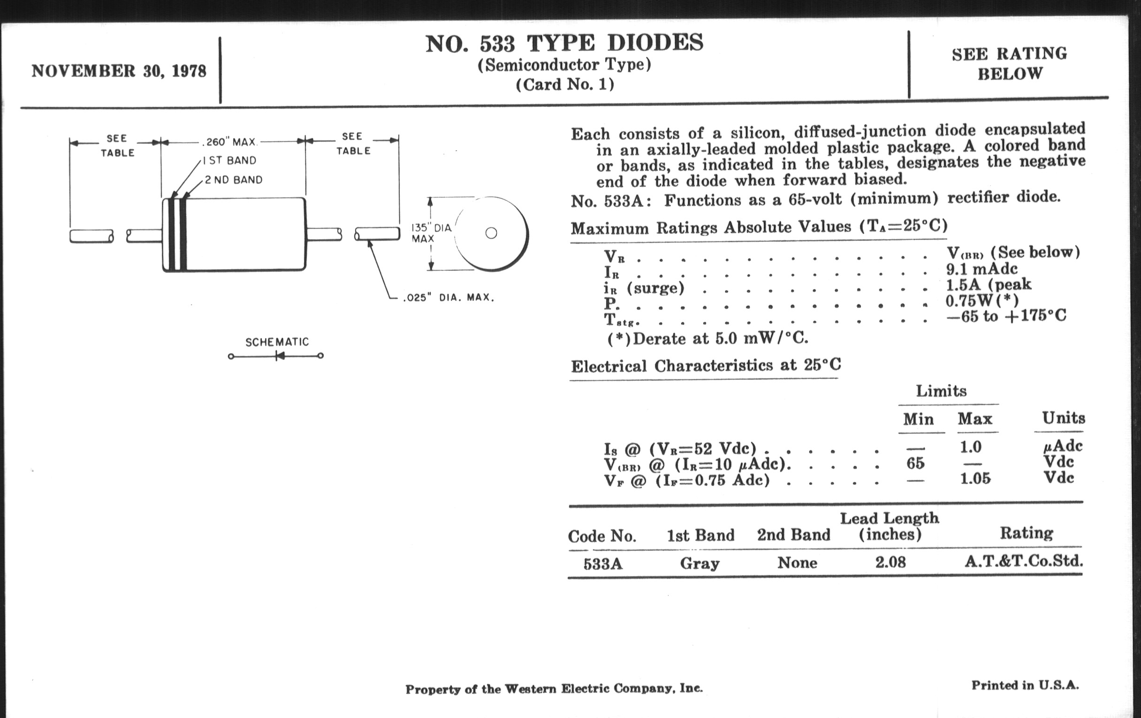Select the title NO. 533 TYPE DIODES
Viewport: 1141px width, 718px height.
point(564,44)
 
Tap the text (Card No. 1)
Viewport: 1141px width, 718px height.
point(565,84)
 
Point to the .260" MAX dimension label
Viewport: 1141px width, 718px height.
point(230,142)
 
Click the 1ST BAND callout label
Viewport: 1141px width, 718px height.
point(230,160)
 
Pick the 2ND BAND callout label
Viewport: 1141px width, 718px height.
point(233,180)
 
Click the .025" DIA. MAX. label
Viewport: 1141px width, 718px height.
point(448,298)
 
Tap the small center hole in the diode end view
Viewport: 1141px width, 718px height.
point(491,233)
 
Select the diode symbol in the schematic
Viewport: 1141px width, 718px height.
point(280,356)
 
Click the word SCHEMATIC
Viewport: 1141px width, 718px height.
point(277,342)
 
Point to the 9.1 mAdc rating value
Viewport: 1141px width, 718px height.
point(981,269)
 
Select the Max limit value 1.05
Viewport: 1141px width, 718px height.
point(975,478)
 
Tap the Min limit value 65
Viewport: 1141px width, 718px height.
point(915,463)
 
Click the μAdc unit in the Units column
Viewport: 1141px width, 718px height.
point(1063,446)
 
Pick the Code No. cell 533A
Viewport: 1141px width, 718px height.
point(603,564)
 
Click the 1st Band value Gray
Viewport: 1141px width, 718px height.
point(700,563)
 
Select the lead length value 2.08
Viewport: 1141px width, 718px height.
point(890,562)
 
